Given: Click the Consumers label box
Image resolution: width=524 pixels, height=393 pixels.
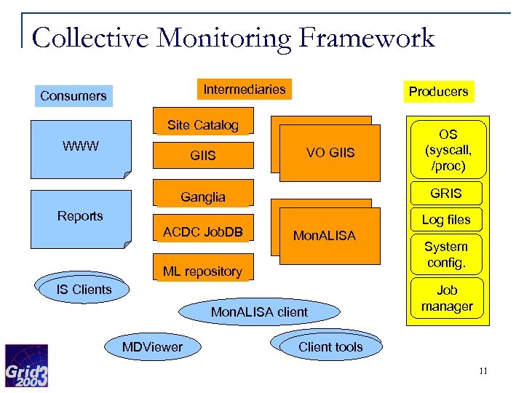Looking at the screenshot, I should (73, 96).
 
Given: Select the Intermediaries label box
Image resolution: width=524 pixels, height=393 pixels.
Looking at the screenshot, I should (245, 90).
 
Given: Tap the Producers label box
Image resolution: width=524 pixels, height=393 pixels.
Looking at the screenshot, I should (438, 92).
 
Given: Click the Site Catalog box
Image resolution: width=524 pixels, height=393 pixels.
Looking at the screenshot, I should (202, 125).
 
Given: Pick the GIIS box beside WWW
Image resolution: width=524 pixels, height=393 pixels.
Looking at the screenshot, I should (202, 156).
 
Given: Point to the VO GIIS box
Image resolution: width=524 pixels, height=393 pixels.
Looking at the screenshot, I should (330, 153).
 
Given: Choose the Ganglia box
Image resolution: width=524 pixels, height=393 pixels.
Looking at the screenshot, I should (202, 196).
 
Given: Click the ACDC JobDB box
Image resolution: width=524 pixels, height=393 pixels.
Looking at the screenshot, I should (202, 233).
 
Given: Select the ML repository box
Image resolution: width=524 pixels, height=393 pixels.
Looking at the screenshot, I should (202, 271).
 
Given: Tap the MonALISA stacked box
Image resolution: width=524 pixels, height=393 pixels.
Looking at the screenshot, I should (325, 235).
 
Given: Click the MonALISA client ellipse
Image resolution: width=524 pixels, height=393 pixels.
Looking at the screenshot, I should (259, 312).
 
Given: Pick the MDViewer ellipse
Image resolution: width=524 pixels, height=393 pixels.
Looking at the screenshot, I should (153, 347).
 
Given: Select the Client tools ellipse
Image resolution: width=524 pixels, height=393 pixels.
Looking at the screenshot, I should (330, 347).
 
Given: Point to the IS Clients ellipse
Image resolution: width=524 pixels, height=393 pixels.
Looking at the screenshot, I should (84, 290).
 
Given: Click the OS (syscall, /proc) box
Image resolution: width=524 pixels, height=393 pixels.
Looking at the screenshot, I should (447, 151).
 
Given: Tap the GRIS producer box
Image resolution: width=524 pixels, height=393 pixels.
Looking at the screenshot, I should (445, 193).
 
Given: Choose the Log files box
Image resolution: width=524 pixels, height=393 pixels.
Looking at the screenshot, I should (445, 219).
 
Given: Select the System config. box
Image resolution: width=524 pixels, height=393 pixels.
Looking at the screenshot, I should (445, 255).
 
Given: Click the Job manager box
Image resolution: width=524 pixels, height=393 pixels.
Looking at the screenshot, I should (447, 298).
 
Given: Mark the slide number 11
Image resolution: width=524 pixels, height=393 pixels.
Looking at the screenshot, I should (483, 372).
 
